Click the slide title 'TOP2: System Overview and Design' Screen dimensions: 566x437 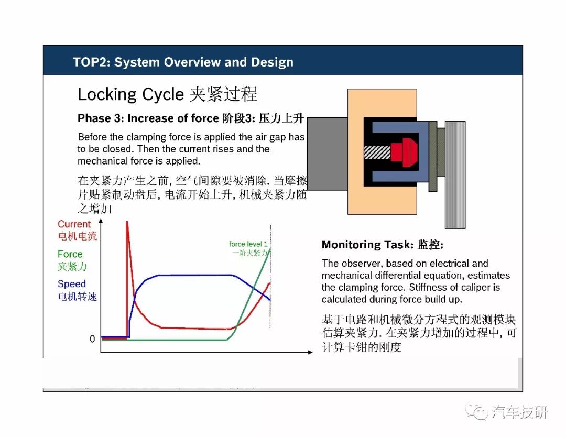(183, 62)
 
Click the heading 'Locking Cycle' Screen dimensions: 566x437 (130, 94)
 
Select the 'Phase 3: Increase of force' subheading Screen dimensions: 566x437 (148, 118)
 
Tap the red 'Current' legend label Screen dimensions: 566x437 (74, 224)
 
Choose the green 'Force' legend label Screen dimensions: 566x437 (70, 254)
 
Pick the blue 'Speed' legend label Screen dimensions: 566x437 (71, 284)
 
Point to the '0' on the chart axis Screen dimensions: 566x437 (92, 339)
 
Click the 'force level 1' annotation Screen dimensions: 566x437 (248, 244)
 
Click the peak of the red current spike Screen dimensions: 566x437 (127, 222)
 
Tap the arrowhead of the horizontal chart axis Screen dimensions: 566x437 (310, 352)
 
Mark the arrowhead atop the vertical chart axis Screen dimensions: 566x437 (101, 221)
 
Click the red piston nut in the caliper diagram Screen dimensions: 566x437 (404, 152)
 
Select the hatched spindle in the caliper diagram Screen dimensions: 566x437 (377, 152)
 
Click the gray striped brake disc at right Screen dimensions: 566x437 (455, 175)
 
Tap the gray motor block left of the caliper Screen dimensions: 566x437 (328, 154)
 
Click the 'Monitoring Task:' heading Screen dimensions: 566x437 (367, 245)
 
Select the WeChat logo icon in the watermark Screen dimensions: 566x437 (476, 411)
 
